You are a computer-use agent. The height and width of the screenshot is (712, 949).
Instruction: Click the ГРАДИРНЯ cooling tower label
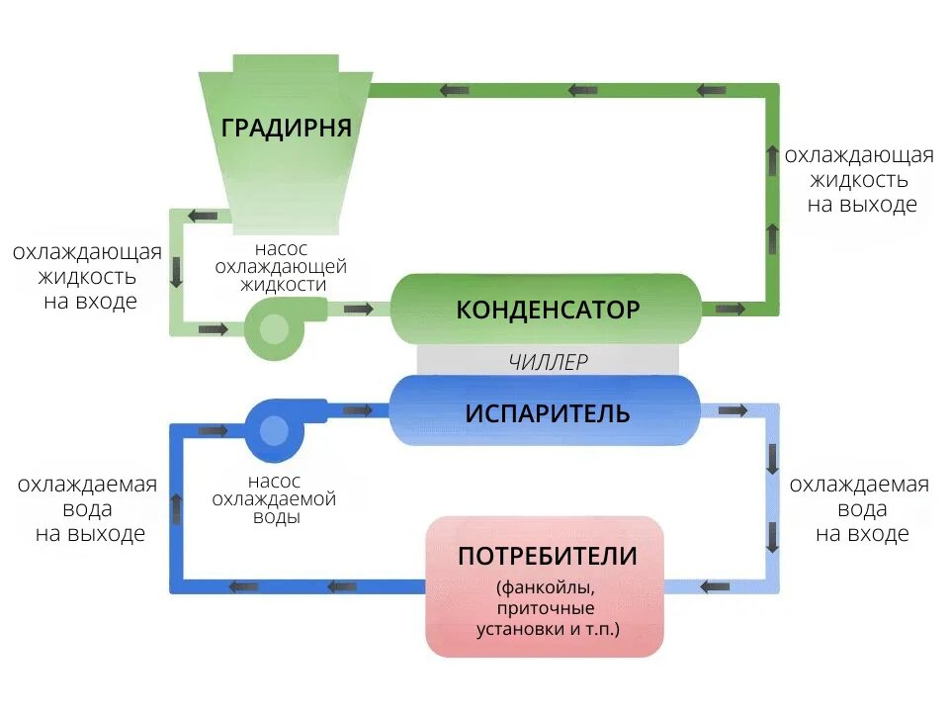[x=287, y=128]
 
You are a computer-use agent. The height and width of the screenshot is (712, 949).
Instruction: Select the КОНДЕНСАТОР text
[x=548, y=310]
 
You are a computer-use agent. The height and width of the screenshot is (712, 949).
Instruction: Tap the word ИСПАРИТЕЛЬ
[x=548, y=413]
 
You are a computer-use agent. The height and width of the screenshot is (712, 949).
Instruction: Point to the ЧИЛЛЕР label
[x=549, y=362]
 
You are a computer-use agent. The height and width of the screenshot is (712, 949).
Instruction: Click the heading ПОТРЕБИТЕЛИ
[x=548, y=556]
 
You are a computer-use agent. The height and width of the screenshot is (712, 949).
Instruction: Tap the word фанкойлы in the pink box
[x=546, y=587]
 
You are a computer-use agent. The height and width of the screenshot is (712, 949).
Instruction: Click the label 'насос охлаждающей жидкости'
[x=282, y=266]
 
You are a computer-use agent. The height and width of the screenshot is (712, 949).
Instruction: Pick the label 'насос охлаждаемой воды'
[x=274, y=498]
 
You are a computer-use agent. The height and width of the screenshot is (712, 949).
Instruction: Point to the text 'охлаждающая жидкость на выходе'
[x=859, y=180]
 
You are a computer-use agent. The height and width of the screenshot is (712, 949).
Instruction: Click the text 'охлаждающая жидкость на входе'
[x=88, y=276]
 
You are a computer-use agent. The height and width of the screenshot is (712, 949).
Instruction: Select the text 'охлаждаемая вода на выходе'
[x=88, y=508]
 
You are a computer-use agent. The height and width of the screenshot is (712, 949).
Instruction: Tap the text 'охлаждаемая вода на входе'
[x=859, y=508]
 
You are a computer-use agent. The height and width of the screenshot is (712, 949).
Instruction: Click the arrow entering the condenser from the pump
[x=358, y=310]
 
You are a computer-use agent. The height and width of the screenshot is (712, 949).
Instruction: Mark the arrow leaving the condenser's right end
[x=731, y=310]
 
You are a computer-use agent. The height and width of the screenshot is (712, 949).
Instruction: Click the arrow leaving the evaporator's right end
[x=733, y=411]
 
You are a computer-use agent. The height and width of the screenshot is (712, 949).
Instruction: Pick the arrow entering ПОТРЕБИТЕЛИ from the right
[x=715, y=586]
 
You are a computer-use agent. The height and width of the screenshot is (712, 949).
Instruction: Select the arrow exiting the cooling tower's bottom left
[x=202, y=216]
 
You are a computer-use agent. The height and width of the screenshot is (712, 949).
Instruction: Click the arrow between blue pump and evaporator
[x=358, y=411]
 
